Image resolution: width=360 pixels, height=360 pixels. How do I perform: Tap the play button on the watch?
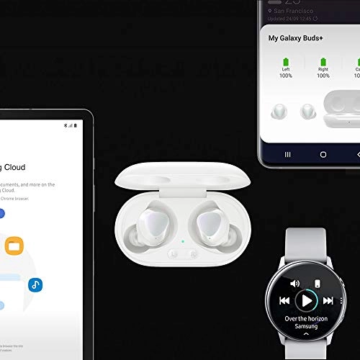tap(307, 300)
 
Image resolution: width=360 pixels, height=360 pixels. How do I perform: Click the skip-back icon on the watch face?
tap(285, 300)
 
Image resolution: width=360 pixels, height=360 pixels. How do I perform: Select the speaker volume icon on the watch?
tap(295, 284)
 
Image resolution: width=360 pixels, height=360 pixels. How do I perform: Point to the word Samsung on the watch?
tap(306, 326)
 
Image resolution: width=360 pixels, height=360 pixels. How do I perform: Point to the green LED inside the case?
tap(183, 241)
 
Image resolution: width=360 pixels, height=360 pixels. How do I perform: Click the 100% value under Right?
tap(323, 76)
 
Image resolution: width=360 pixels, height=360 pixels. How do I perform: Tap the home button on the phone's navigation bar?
tap(323, 154)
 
